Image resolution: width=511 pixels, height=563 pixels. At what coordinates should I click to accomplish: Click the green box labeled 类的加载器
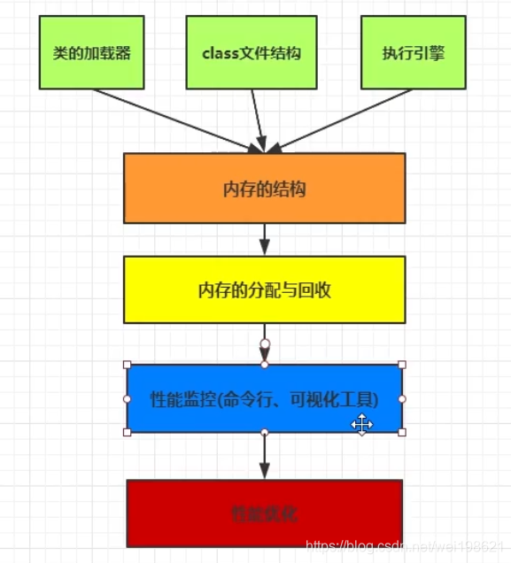tap(91, 53)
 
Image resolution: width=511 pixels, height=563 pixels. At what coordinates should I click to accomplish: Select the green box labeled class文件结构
tap(252, 53)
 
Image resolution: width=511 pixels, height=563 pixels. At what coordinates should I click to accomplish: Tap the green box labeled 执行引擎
tap(414, 53)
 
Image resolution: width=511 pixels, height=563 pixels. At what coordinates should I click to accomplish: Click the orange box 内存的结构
tap(264, 188)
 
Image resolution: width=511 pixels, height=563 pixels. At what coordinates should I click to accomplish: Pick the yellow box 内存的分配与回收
tap(264, 289)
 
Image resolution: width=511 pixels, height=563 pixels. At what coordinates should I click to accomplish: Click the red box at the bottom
tap(264, 513)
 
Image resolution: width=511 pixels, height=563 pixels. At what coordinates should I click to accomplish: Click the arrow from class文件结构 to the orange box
tap(258, 120)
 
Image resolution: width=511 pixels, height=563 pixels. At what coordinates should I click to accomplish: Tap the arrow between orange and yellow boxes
tap(264, 239)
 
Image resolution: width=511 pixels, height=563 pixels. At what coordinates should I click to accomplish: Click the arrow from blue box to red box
tap(264, 456)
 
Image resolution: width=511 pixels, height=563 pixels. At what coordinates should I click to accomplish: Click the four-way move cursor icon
tap(361, 425)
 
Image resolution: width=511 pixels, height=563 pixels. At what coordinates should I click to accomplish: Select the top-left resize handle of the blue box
tap(128, 365)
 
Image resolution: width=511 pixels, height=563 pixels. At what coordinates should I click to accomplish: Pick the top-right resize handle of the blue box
tap(402, 365)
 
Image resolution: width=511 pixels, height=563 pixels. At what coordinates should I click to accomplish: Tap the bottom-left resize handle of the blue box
tap(128, 432)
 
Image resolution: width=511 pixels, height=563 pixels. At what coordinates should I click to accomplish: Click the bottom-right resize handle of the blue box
tap(402, 432)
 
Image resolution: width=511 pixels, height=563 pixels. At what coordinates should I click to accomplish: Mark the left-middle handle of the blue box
tap(128, 399)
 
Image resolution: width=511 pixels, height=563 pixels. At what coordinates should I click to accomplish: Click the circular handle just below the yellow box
tap(264, 342)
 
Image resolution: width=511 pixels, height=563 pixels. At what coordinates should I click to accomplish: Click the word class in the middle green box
tap(218, 53)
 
